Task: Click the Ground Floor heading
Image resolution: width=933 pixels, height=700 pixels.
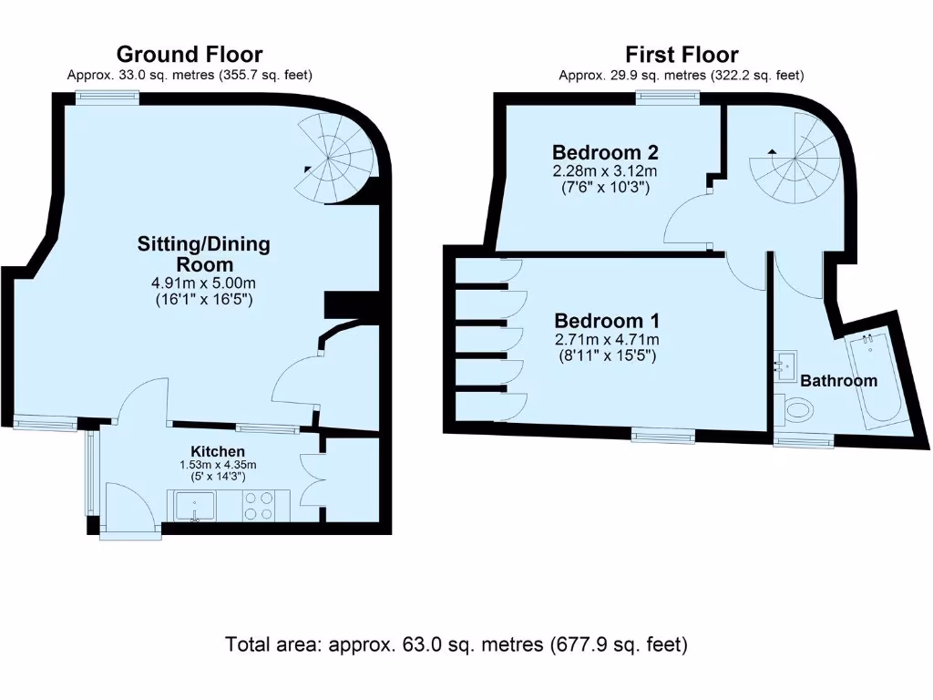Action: coord(190,55)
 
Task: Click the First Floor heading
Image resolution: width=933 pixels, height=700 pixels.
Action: coord(681,55)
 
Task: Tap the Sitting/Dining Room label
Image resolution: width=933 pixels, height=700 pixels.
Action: coord(203,253)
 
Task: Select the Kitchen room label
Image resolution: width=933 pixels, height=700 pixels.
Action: coord(217,451)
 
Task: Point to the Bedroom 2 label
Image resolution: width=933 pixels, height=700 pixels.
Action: coord(605,152)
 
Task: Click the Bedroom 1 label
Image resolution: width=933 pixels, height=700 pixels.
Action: coord(607,321)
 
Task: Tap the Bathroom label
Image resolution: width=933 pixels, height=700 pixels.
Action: coord(838,380)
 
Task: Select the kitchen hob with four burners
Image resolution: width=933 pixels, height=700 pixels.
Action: coord(257,506)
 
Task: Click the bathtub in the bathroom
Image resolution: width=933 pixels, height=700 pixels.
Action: coord(872,382)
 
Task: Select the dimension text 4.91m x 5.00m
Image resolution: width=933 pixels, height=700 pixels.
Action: coord(203,283)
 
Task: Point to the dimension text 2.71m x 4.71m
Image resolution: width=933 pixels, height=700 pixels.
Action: coord(607,340)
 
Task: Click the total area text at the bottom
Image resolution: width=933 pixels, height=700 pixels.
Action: coord(456,645)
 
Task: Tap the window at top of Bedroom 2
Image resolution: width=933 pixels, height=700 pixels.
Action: coord(668,98)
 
